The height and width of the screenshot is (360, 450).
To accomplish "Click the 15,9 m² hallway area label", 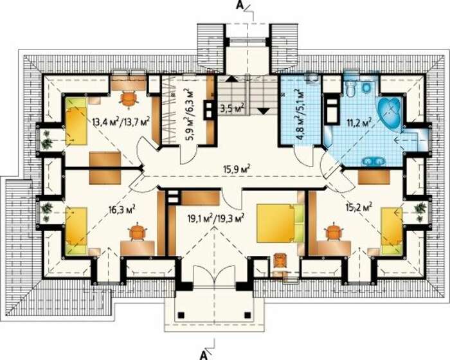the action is pos(237,168).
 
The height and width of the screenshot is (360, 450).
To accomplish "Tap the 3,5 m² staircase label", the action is pos(233,108).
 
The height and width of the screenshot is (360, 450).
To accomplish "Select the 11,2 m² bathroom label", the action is pos(360,123).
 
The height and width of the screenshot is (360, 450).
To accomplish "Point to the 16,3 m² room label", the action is pos(122,209).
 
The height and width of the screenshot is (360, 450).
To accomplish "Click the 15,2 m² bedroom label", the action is pos(359,207).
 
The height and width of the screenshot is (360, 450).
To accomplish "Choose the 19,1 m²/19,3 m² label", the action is pos(216,219).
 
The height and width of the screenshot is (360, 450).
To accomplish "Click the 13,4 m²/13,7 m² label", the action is pos(121,123).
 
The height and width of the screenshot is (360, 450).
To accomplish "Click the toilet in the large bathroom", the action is pos(351,88).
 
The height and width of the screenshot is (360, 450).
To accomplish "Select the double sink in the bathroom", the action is pos(373,161).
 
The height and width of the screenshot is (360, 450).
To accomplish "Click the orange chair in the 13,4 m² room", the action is pos(129,98).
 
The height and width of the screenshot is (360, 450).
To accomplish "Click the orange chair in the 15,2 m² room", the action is pos(333,231).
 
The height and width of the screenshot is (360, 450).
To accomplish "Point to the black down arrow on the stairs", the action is pos(263,111).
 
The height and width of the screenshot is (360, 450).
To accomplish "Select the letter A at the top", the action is pos(240,5).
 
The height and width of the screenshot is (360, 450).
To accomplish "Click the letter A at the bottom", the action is pos(204,355).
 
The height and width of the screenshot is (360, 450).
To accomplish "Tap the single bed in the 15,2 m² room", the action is pos(392,231).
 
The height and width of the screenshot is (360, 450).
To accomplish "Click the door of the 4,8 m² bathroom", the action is pos(303,156).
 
